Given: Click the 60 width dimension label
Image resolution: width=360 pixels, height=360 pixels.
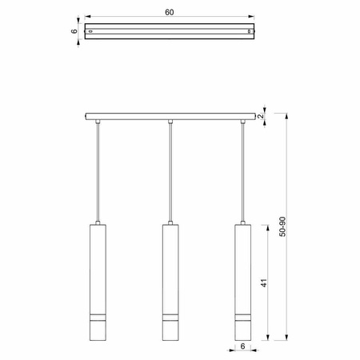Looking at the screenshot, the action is point(170,12).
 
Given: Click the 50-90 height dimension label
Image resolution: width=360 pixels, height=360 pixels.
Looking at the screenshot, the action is point(282,226).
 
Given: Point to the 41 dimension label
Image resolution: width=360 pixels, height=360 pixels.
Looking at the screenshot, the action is point(264,282).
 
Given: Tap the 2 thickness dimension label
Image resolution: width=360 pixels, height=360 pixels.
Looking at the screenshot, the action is point(261,116).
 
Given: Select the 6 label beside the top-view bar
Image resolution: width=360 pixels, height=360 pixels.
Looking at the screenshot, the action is point(74,31).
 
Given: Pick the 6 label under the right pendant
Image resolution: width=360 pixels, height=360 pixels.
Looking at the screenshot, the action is point(242,346).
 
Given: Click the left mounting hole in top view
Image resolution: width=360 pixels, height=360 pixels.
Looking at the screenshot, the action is point(90,31).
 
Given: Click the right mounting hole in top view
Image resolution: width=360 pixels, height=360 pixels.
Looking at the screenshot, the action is point(249,31).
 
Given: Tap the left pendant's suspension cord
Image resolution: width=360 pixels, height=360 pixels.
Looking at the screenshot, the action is point(98,172).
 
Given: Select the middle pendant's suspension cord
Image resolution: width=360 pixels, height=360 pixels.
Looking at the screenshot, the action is point(170,172).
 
